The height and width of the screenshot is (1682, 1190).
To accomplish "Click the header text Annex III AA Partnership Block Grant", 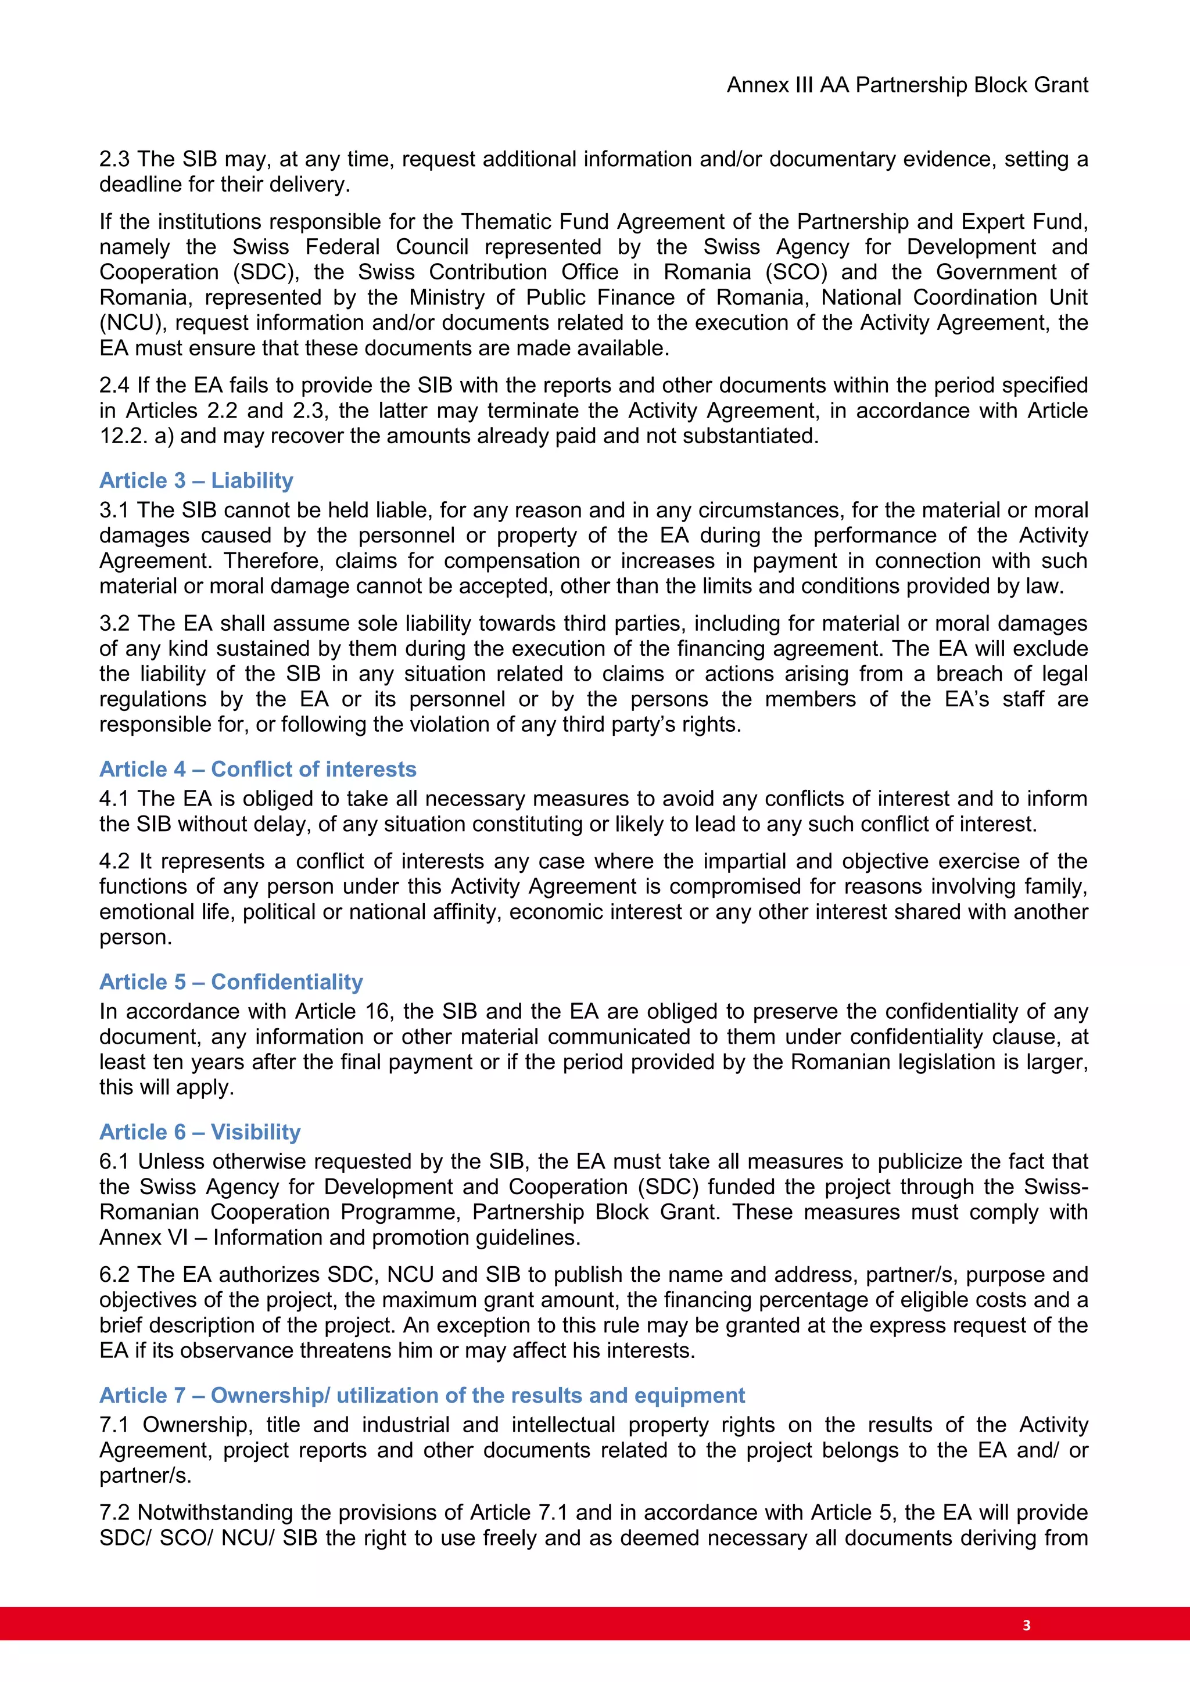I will [x=907, y=85].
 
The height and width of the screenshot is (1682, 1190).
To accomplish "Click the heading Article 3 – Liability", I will [x=196, y=480].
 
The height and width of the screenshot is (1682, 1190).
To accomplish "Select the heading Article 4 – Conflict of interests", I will [x=258, y=769].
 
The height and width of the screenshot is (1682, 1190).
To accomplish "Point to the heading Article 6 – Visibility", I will [x=200, y=1132].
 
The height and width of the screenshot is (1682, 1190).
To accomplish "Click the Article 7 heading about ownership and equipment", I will [x=422, y=1395].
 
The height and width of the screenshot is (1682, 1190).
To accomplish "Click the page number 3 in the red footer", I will [x=1026, y=1625].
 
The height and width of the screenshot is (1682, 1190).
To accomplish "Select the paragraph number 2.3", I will [x=115, y=159].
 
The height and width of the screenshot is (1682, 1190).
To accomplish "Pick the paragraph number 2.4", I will [x=115, y=385].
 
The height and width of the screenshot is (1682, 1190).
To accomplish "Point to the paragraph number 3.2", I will [x=115, y=623].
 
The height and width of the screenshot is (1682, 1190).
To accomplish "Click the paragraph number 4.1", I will [x=115, y=799].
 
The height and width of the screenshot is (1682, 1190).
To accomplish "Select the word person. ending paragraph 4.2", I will [x=135, y=937].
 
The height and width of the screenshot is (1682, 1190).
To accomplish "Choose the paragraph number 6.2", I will [x=115, y=1275].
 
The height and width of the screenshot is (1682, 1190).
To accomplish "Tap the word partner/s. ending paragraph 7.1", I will [x=145, y=1475].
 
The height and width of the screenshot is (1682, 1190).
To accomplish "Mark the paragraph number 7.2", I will [x=115, y=1513].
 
